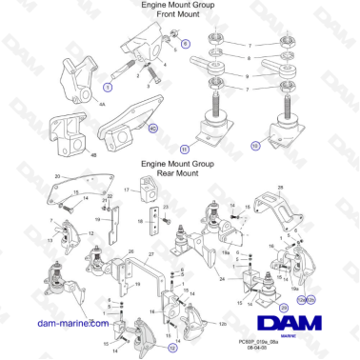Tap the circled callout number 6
click(186, 44)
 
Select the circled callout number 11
click(185, 149)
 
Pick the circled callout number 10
click(254, 148)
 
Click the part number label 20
click(57, 177)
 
